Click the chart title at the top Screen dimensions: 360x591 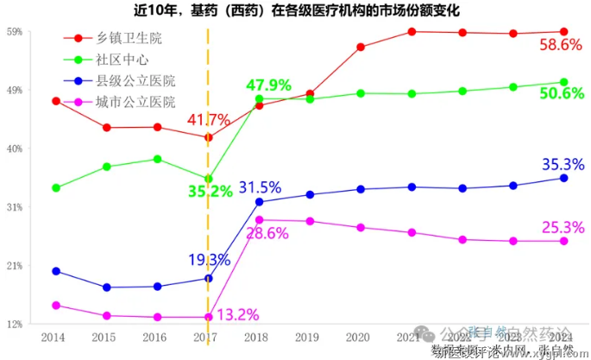pyautogui.click(x=296, y=11)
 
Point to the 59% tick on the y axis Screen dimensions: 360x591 pyautogui.click(x=15, y=32)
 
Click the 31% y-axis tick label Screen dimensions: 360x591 pyautogui.click(x=15, y=207)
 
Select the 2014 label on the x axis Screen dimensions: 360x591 pyautogui.click(x=53, y=336)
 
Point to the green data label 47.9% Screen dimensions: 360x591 pyautogui.click(x=268, y=85)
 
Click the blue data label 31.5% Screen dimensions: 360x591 pyautogui.click(x=260, y=187)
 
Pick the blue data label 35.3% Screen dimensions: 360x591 pyautogui.click(x=562, y=163)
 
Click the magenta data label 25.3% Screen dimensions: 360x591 pyautogui.click(x=562, y=227)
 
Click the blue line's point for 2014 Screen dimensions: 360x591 pyautogui.click(x=56, y=271)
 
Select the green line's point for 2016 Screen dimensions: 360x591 pyautogui.click(x=157, y=159)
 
